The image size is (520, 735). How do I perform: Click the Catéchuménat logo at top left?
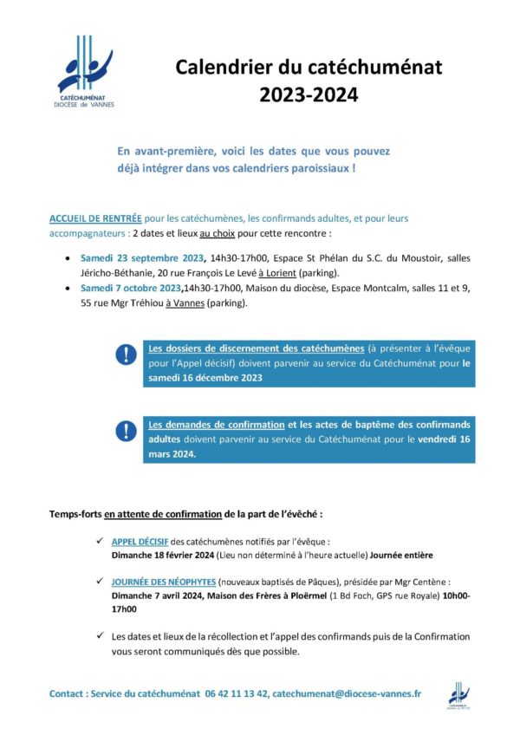pyautogui.click(x=85, y=70)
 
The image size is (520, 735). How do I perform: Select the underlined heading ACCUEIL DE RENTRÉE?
pyautogui.click(x=94, y=221)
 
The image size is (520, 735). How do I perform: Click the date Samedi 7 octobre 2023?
pyautogui.click(x=130, y=289)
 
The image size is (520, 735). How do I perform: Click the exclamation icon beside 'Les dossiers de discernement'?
pyautogui.click(x=127, y=354)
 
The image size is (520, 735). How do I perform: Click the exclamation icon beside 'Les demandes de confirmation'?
pyautogui.click(x=127, y=431)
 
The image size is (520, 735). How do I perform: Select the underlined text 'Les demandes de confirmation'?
pyautogui.click(x=217, y=425)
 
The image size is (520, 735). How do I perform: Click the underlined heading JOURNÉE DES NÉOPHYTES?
pyautogui.click(x=163, y=582)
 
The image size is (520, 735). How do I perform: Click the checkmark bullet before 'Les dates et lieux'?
pyautogui.click(x=102, y=635)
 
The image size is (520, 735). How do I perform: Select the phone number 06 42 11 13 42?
pyautogui.click(x=237, y=693)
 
